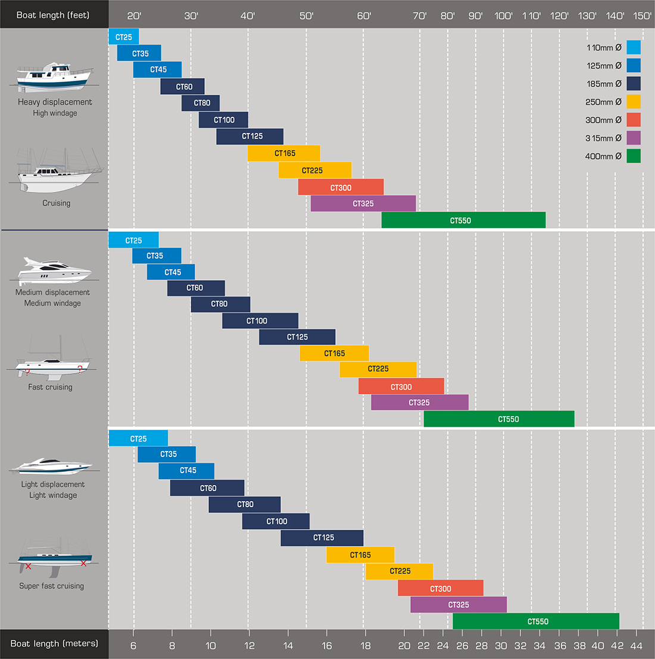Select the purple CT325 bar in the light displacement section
pyautogui.click(x=458, y=605)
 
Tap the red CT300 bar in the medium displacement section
pyautogui.click(x=401, y=386)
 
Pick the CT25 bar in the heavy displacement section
pyautogui.click(x=124, y=37)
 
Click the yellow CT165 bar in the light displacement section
pyautogui.click(x=360, y=555)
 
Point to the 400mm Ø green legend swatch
pyautogui.click(x=634, y=156)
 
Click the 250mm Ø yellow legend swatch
pyautogui.click(x=634, y=102)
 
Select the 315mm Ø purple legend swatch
pyautogui.click(x=634, y=138)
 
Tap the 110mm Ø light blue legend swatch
pyautogui.click(x=634, y=48)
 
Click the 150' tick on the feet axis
pyautogui.click(x=642, y=15)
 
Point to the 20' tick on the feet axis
pyautogui.click(x=134, y=15)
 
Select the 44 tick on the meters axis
pyautogui.click(x=636, y=645)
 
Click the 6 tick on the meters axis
pyautogui.click(x=133, y=645)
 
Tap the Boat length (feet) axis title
pyautogui.click(x=53, y=15)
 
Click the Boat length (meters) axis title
pyautogui.click(x=54, y=644)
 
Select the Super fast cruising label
pyautogui.click(x=52, y=586)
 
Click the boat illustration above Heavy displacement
pyautogui.click(x=54, y=77)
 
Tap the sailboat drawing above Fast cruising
pyautogui.click(x=52, y=360)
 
